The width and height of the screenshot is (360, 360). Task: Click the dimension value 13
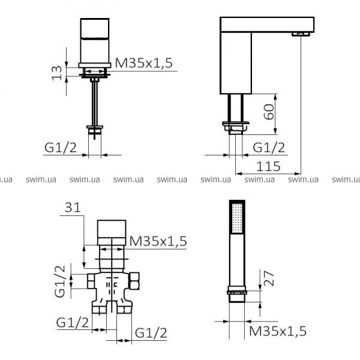pyautogui.click(x=57, y=73)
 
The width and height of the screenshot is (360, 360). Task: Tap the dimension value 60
pyautogui.click(x=269, y=112)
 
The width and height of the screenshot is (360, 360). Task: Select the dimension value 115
pyautogui.click(x=268, y=166)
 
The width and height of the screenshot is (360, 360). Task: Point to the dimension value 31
pyautogui.click(x=73, y=208)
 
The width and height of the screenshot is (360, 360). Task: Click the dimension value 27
pyautogui.click(x=269, y=278)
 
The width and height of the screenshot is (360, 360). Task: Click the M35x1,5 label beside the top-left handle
pyautogui.click(x=144, y=62)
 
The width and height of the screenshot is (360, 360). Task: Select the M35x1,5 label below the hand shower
pyautogui.click(x=278, y=331)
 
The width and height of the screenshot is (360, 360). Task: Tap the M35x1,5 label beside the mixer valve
pyautogui.click(x=158, y=241)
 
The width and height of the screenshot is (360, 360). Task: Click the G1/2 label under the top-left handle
pyautogui.click(x=61, y=148)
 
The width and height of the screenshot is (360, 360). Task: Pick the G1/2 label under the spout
pyautogui.click(x=269, y=148)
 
